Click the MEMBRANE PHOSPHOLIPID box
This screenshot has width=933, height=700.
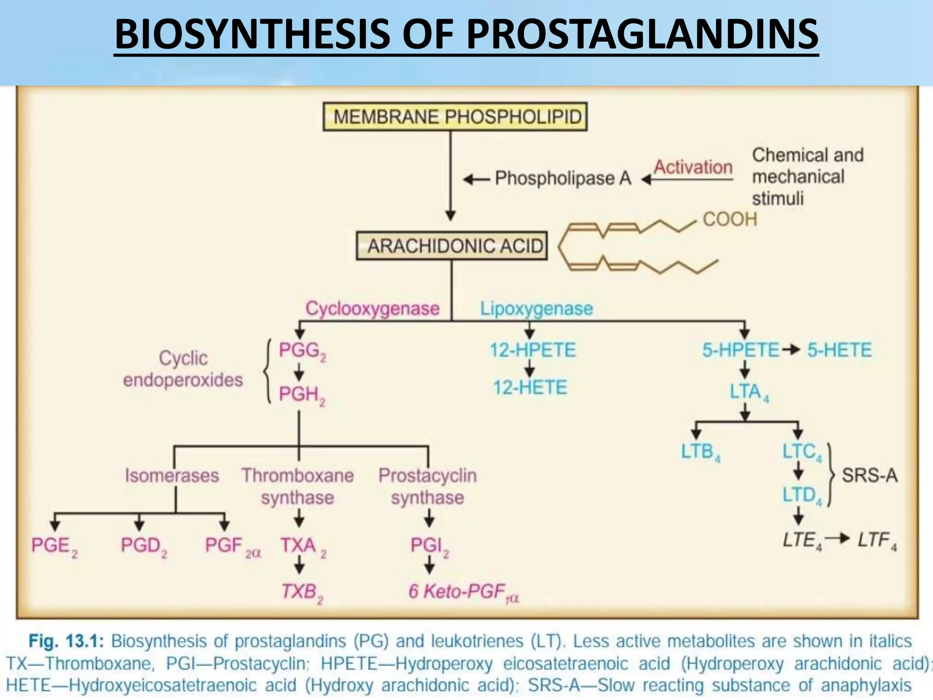pyautogui.click(x=455, y=117)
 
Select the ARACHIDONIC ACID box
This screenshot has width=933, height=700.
pyautogui.click(x=452, y=246)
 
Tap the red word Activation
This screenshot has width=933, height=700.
pyautogui.click(x=693, y=167)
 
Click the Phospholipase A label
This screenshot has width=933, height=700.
pyautogui.click(x=563, y=178)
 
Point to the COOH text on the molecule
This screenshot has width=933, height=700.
pyautogui.click(x=729, y=219)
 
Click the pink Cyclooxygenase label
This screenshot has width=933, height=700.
pyautogui.click(x=372, y=309)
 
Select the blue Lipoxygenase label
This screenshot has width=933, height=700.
pyautogui.click(x=536, y=309)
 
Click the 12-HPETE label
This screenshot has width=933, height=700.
pyautogui.click(x=532, y=350)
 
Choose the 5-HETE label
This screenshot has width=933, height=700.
pyautogui.click(x=839, y=350)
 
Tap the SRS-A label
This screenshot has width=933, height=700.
pyautogui.click(x=869, y=475)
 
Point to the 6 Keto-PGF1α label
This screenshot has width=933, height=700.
pyautogui.click(x=463, y=592)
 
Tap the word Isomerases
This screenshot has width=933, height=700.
pyautogui.click(x=172, y=475)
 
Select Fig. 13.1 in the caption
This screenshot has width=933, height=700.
pyautogui.click(x=67, y=641)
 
